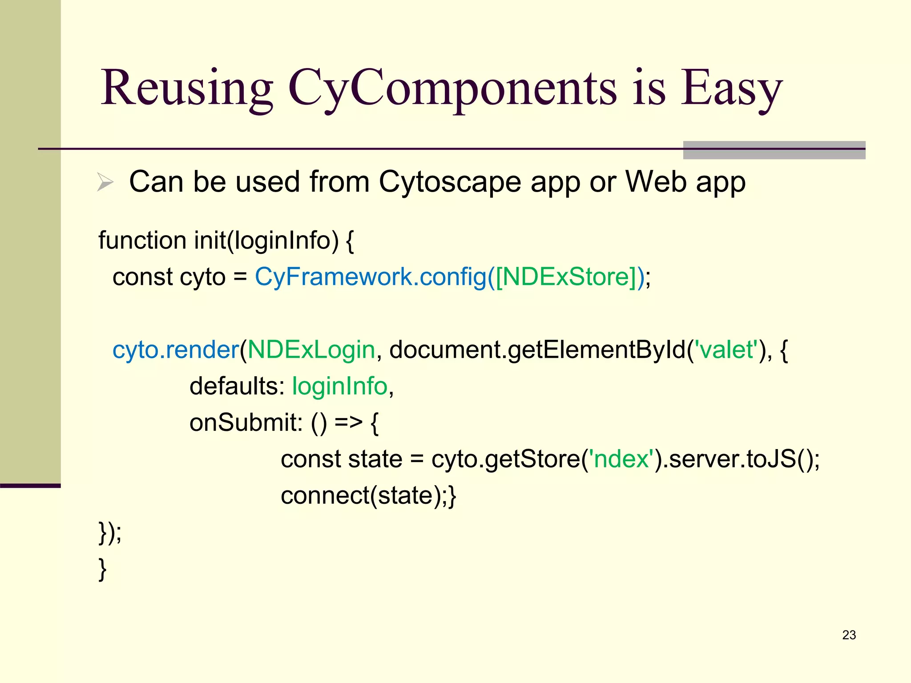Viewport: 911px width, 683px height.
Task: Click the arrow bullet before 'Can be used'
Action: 105,182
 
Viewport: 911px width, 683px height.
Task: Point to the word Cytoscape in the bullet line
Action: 450,182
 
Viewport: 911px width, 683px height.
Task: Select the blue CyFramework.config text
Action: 371,277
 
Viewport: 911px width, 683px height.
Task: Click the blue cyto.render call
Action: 176,350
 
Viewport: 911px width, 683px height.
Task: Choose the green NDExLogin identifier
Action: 311,350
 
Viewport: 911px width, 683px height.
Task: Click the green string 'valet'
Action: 726,350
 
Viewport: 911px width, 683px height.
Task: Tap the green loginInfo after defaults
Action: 340,386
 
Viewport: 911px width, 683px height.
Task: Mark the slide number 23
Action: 849,635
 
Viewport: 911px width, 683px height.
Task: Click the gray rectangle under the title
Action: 774,150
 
